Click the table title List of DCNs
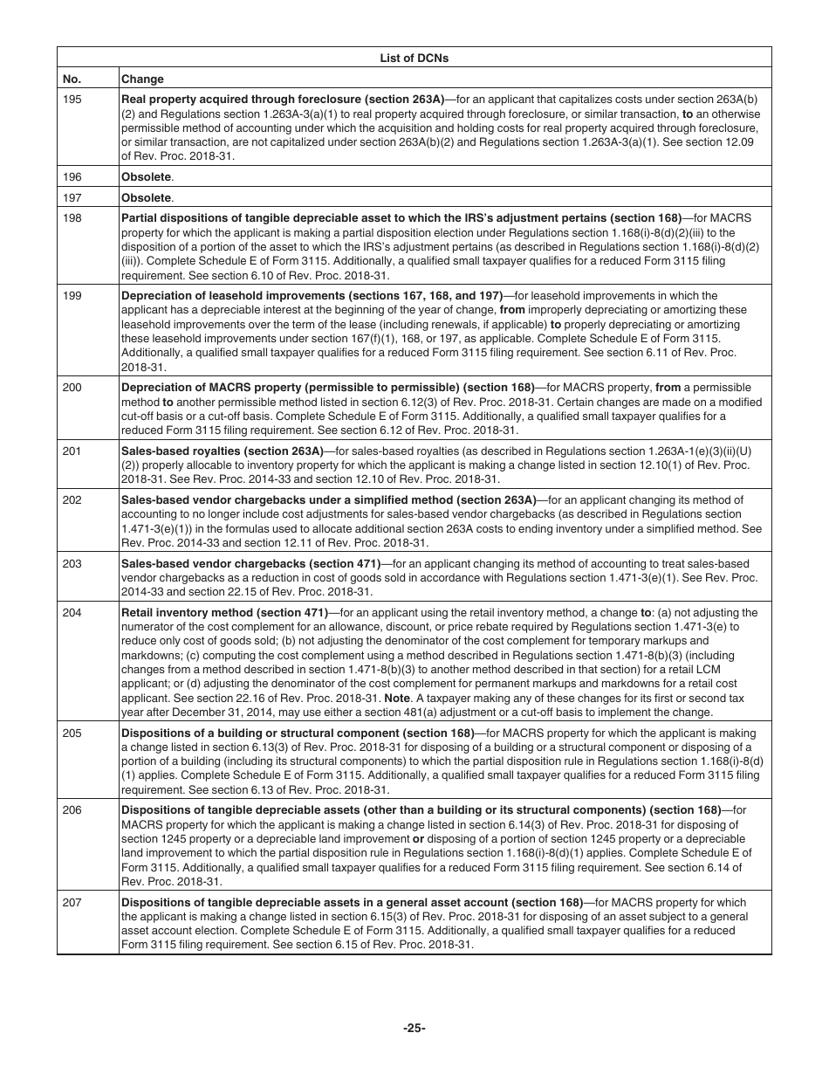point(414,58)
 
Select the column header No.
point(72,79)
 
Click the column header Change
point(142,79)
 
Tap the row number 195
point(72,100)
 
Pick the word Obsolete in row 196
point(146,176)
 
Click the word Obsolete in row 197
point(146,198)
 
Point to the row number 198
point(72,218)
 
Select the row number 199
point(72,296)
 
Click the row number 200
point(72,388)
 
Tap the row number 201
point(72,451)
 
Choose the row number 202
point(72,500)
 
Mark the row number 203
point(72,563)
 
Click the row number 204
point(72,613)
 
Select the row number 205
point(72,733)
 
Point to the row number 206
point(72,810)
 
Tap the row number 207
point(72,903)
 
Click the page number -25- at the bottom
point(414,1028)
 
